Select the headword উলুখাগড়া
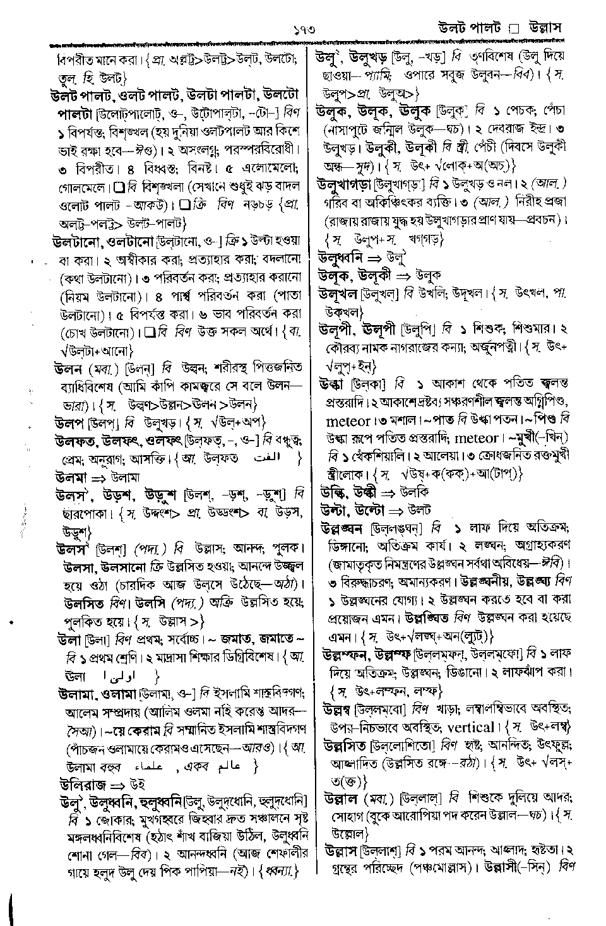[x=344, y=184]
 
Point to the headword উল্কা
[x=332, y=383]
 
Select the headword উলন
[x=69, y=367]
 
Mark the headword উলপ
[x=69, y=421]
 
